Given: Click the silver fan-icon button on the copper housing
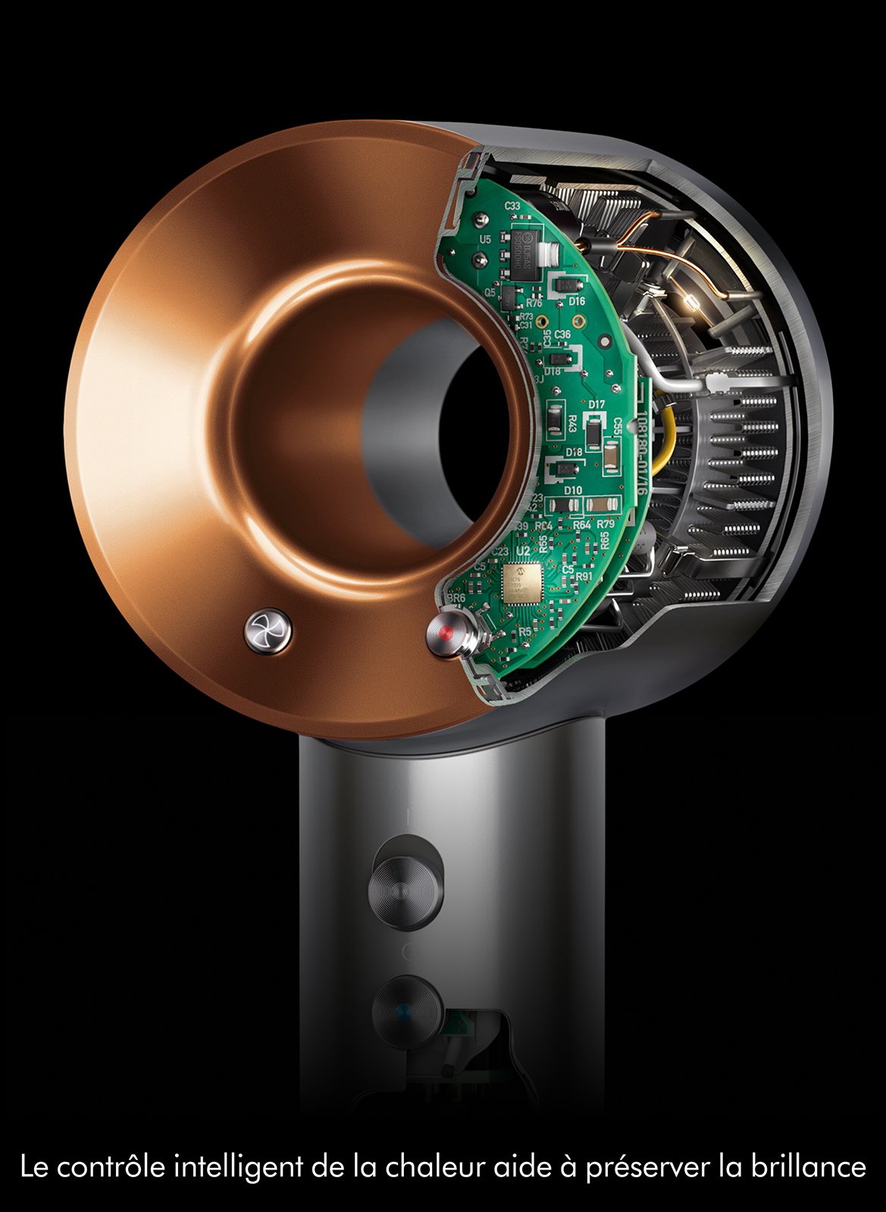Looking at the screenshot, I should pyautogui.click(x=268, y=630).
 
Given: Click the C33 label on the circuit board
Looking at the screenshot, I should pyautogui.click(x=512, y=206).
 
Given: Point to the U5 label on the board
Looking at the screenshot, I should pyautogui.click(x=486, y=239).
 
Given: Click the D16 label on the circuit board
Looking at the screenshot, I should pyautogui.click(x=577, y=301).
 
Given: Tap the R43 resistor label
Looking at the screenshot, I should pyautogui.click(x=571, y=423).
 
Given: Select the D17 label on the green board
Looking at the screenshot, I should pyautogui.click(x=596, y=405).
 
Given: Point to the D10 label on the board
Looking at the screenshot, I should pyautogui.click(x=573, y=490).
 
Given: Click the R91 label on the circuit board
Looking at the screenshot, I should pyautogui.click(x=584, y=576).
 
